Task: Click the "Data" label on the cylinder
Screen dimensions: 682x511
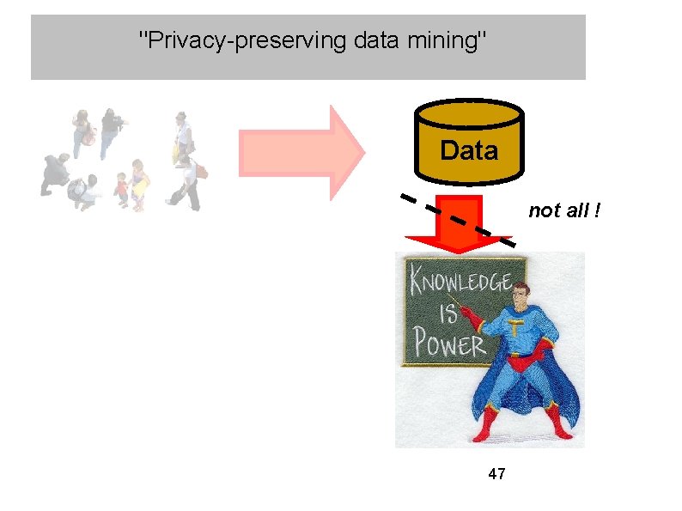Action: coord(468,151)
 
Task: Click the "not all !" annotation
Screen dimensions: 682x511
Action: coord(563,210)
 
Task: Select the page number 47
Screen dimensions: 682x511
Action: coord(496,473)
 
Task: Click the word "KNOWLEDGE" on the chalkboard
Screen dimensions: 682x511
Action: coord(460,281)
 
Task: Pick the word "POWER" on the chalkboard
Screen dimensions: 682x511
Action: coord(449,344)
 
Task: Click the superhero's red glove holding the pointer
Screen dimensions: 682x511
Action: coord(472,319)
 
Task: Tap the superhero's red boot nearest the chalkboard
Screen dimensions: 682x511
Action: coord(486,425)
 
